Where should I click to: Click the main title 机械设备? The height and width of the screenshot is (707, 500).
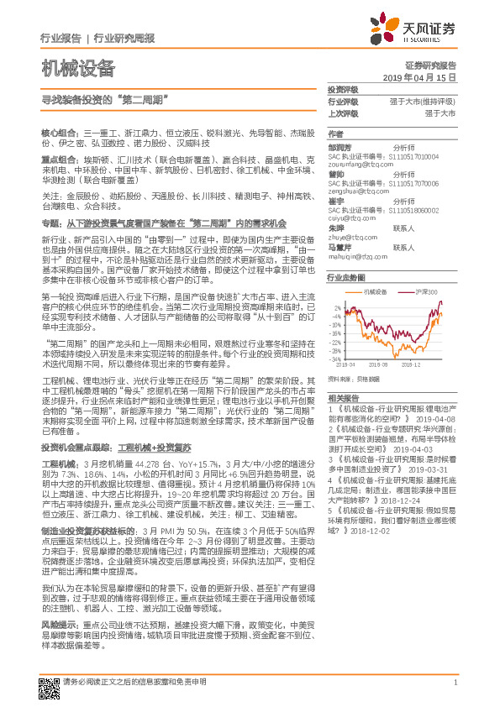(x=77, y=68)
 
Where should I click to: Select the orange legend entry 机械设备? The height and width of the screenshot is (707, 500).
(x=376, y=291)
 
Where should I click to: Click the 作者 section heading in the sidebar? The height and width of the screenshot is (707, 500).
(x=335, y=134)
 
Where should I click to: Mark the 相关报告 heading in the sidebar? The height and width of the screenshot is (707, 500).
(x=343, y=397)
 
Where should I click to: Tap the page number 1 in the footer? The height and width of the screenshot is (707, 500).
(x=455, y=683)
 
